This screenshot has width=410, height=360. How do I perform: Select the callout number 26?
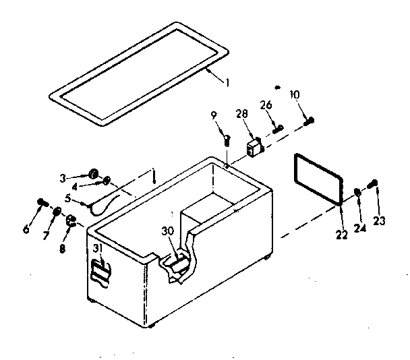[x=265, y=106]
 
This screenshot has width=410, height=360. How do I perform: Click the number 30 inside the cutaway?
[x=167, y=231]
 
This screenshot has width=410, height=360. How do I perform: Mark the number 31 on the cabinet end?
[x=98, y=249]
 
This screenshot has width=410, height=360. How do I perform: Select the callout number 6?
[x=26, y=229]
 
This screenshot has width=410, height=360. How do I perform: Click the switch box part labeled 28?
[x=254, y=148]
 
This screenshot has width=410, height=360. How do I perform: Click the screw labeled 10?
[x=310, y=121]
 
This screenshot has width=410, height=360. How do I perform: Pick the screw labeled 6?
[x=42, y=202]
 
